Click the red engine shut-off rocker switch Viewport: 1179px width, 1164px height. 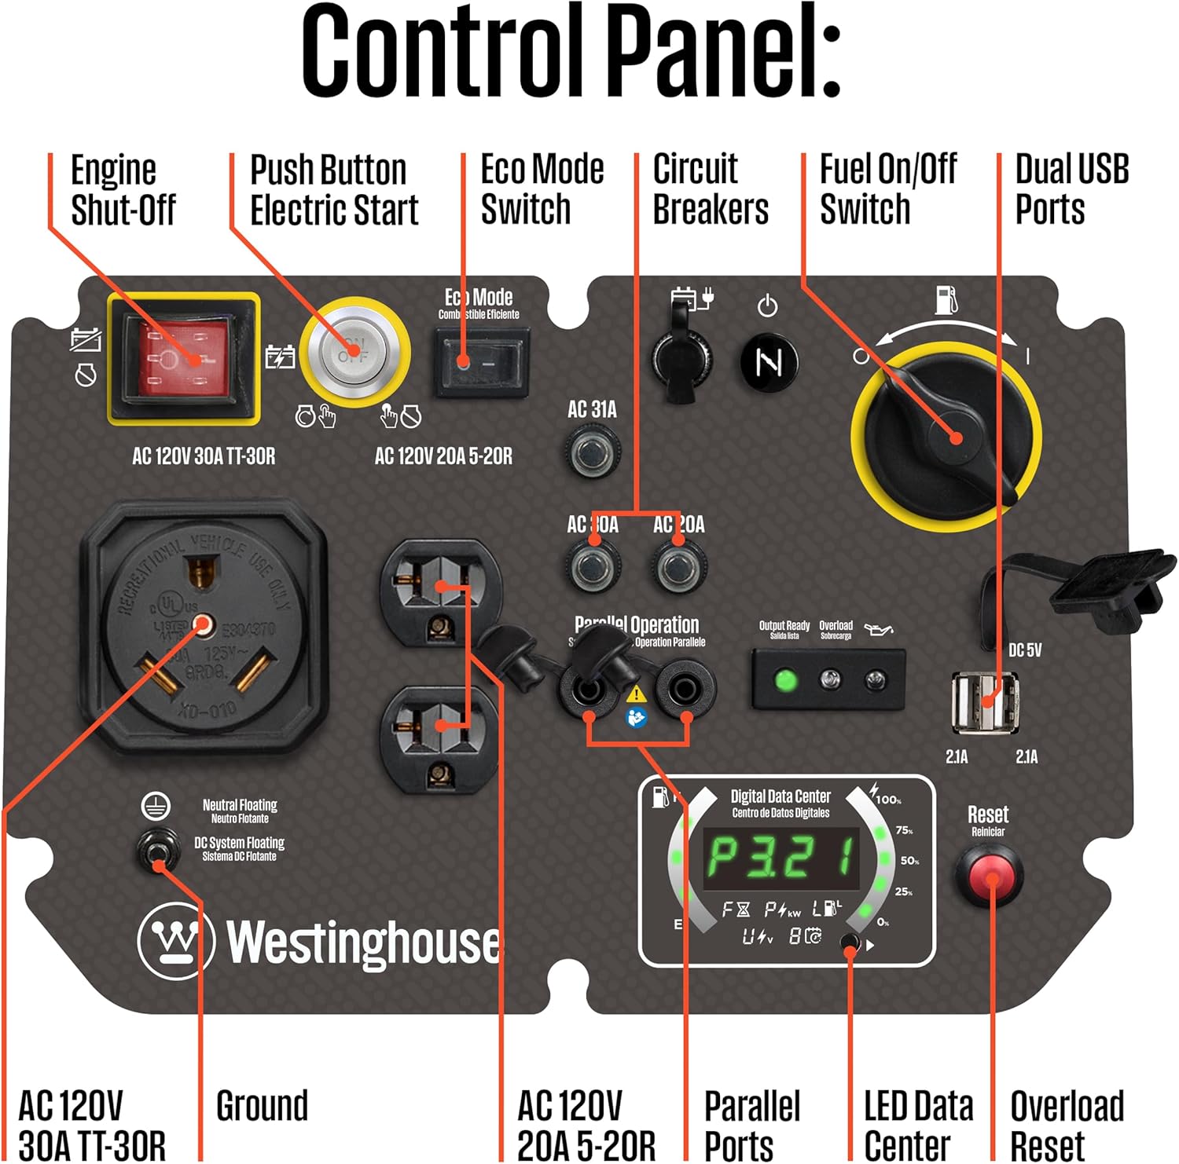coord(182,358)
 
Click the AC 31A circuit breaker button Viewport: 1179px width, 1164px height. coord(591,451)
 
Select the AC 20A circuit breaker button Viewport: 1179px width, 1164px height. coord(678,566)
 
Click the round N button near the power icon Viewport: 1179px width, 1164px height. coord(769,362)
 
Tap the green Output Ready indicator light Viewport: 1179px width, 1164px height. coord(784,680)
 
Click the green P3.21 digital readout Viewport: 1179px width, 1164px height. coord(780,858)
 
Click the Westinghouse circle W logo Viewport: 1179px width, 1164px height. coord(175,939)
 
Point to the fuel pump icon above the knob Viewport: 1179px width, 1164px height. coord(946,299)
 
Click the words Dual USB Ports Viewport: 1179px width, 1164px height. coord(1071,189)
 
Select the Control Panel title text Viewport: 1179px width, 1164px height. coord(572,51)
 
